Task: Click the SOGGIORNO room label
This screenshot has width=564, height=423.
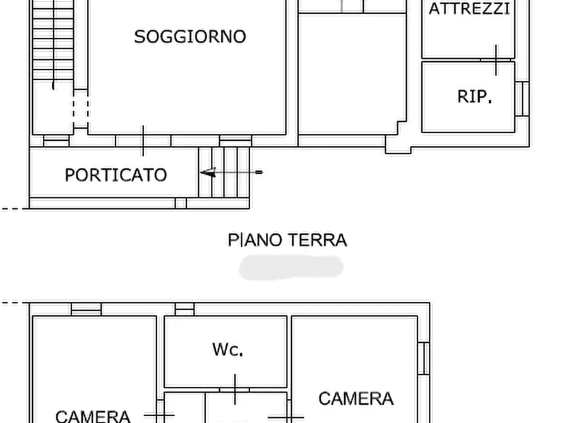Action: (x=189, y=37)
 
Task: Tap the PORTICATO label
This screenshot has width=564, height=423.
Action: (x=116, y=175)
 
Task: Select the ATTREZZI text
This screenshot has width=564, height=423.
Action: (x=469, y=8)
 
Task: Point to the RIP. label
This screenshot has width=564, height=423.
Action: (x=474, y=97)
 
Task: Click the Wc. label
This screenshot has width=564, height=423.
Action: (x=227, y=349)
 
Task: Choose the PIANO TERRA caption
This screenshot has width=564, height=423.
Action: (x=287, y=240)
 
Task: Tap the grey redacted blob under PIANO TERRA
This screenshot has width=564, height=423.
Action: (x=291, y=268)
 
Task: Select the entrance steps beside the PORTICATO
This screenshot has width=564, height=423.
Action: (x=224, y=172)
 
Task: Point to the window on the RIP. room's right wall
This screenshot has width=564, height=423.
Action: (x=522, y=98)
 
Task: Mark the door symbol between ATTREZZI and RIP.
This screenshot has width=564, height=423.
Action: (x=496, y=61)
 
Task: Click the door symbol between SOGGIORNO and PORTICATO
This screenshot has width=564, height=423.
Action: (x=143, y=141)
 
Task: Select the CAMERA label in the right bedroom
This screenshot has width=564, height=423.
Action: (x=356, y=398)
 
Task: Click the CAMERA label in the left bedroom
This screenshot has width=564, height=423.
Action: (x=93, y=416)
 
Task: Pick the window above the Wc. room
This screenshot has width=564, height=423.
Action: (x=184, y=309)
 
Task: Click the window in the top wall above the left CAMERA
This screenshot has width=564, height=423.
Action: (x=86, y=309)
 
